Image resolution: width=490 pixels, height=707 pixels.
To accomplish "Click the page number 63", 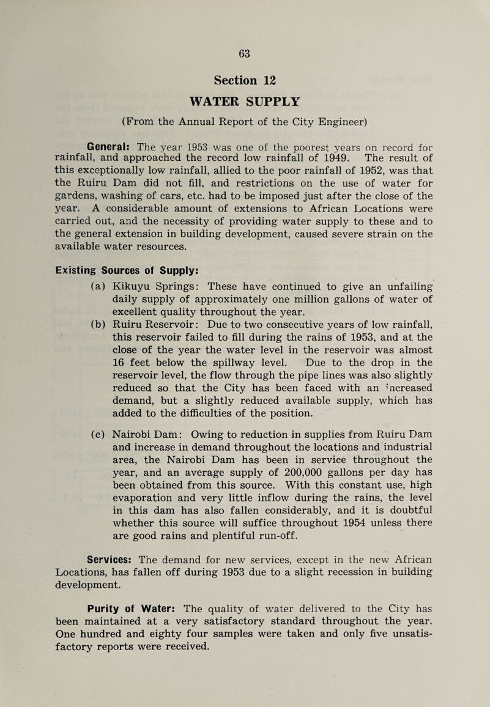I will tap(245, 53).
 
